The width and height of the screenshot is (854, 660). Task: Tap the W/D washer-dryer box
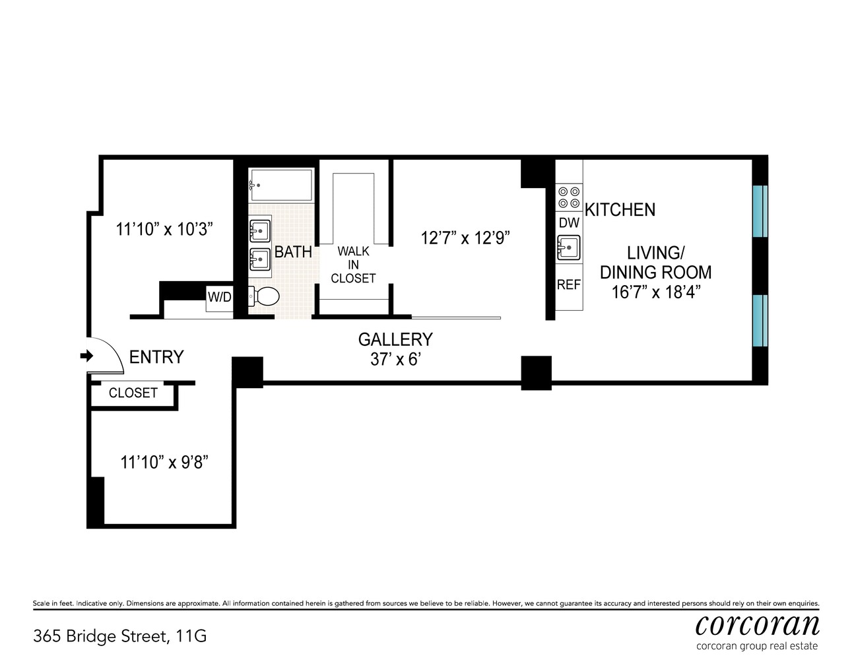(219, 297)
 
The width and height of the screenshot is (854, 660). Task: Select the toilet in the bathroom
(265, 296)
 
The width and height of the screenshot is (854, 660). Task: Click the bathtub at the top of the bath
(280, 185)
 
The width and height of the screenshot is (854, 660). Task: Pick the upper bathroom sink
(260, 231)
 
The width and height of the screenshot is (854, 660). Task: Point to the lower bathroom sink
(260, 259)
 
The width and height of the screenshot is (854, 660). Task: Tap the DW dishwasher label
(569, 223)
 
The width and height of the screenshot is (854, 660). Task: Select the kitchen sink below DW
(568, 249)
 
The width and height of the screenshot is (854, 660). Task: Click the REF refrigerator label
(569, 285)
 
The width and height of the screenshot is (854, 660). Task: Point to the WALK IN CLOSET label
(353, 265)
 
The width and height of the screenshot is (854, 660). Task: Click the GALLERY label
(395, 339)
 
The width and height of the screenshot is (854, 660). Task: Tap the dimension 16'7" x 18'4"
(655, 292)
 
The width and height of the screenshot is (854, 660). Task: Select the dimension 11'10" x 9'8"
(164, 462)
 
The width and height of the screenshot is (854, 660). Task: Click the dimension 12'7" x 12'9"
(466, 238)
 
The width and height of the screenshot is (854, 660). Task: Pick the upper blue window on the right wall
(760, 211)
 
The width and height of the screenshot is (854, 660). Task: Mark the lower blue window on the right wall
(760, 321)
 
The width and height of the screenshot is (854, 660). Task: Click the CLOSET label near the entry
(133, 393)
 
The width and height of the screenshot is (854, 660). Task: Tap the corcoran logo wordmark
(757, 624)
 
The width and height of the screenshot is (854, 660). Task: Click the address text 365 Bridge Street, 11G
(119, 636)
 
